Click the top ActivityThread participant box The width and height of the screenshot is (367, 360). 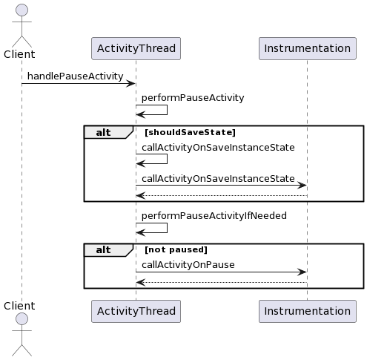click(x=136, y=48)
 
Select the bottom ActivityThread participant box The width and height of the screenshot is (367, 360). click(x=136, y=311)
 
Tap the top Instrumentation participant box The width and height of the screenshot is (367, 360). click(x=307, y=48)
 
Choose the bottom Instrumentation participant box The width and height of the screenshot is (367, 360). click(x=307, y=311)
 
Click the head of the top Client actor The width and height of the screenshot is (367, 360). click(x=22, y=10)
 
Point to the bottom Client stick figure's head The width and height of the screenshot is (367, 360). click(x=22, y=319)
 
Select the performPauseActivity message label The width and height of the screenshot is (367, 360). click(x=193, y=97)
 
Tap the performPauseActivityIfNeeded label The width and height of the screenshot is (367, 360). click(x=214, y=215)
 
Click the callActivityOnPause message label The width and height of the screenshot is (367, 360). click(x=188, y=264)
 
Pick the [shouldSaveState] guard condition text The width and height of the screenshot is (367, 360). click(x=190, y=132)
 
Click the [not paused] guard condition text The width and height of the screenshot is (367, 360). click(x=176, y=250)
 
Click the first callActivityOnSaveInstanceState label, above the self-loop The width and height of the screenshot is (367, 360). click(x=218, y=147)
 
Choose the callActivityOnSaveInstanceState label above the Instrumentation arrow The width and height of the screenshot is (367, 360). click(x=218, y=178)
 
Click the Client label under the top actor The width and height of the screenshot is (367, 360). click(x=19, y=54)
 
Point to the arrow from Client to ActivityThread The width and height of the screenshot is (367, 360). click(x=78, y=84)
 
